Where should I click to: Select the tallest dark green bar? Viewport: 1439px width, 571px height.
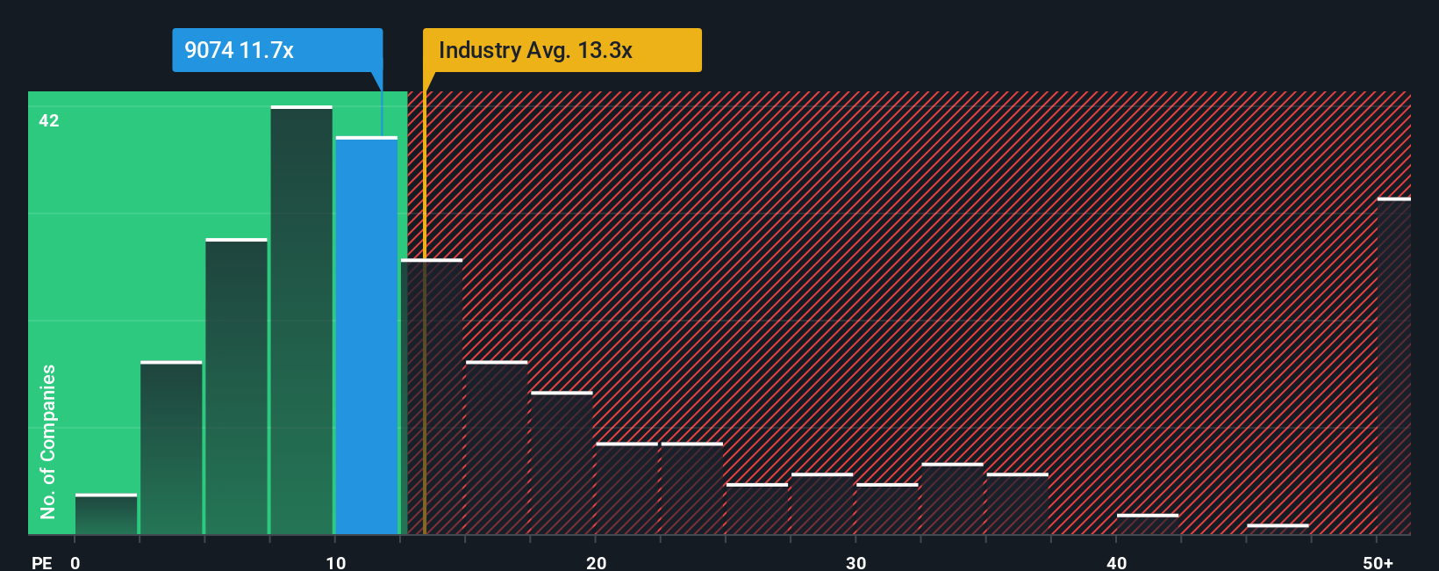point(302,321)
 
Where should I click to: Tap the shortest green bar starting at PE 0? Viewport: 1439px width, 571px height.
point(106,515)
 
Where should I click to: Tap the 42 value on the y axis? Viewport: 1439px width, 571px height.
point(49,120)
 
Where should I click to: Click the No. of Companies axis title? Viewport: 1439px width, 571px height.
point(48,441)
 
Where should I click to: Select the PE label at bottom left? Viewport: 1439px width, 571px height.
point(42,562)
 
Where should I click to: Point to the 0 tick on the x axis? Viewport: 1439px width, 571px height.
point(75,562)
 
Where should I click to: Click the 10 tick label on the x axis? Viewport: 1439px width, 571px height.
point(336,562)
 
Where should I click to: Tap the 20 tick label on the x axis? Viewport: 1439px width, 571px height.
point(596,562)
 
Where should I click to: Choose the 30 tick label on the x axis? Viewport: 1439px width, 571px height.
point(856,562)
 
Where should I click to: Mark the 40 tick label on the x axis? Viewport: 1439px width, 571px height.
point(1116,562)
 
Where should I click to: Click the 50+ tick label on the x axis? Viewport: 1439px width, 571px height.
point(1378,562)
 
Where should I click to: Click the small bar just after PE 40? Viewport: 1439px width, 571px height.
point(1148,524)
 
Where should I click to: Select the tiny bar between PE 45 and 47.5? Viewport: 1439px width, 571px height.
point(1278,529)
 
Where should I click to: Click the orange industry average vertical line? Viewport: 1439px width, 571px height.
point(425,351)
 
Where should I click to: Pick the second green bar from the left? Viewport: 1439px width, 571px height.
point(171,448)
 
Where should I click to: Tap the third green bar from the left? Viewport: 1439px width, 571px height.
point(236,387)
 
